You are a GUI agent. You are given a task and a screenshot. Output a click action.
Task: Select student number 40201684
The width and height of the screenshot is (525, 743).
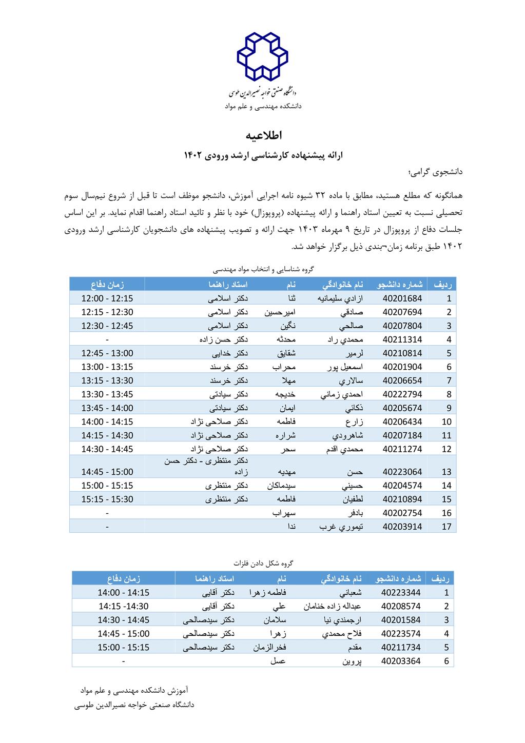pyautogui.click(x=402, y=298)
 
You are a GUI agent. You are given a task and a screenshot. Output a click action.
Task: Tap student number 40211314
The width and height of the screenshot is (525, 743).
pyautogui.click(x=402, y=339)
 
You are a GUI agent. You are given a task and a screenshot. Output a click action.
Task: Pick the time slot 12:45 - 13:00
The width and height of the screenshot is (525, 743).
pyautogui.click(x=107, y=353)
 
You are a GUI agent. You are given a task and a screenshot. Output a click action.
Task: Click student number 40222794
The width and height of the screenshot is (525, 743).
pyautogui.click(x=402, y=394)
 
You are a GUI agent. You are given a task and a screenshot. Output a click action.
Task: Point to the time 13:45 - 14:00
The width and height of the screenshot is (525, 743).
pyautogui.click(x=107, y=408)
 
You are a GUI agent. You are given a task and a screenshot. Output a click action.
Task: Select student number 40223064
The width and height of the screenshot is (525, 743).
pyautogui.click(x=402, y=472)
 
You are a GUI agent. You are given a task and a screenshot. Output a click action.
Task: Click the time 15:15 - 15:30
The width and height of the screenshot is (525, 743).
pyautogui.click(x=107, y=499)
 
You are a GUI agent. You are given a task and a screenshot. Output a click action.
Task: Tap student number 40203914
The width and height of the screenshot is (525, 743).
pyautogui.click(x=402, y=527)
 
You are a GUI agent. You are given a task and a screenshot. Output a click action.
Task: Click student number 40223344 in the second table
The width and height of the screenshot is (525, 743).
pyautogui.click(x=401, y=592)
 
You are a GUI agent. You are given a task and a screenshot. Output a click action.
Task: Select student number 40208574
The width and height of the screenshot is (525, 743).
pyautogui.click(x=401, y=606)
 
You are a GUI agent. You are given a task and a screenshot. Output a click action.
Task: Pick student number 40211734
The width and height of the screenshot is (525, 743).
pyautogui.click(x=401, y=647)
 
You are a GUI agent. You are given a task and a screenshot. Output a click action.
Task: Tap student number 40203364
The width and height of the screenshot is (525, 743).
pyautogui.click(x=401, y=661)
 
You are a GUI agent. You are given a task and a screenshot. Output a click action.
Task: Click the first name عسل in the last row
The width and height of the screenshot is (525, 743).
pyautogui.click(x=278, y=661)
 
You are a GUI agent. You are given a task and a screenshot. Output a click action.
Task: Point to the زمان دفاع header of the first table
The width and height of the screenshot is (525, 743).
pyautogui.click(x=108, y=284)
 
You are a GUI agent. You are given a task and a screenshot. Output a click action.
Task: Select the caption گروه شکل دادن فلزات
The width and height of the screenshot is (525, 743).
pyautogui.click(x=263, y=563)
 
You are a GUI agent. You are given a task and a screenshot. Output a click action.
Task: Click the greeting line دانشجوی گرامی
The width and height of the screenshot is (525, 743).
pyautogui.click(x=436, y=172)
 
